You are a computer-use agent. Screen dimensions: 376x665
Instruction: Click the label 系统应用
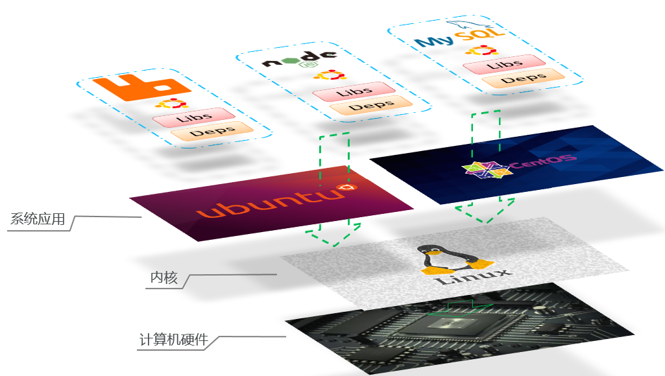pyautogui.click(x=38, y=219)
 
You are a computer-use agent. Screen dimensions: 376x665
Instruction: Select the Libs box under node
pyautogui.click(x=354, y=91)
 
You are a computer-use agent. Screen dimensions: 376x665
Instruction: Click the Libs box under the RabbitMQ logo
pyautogui.click(x=193, y=117)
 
